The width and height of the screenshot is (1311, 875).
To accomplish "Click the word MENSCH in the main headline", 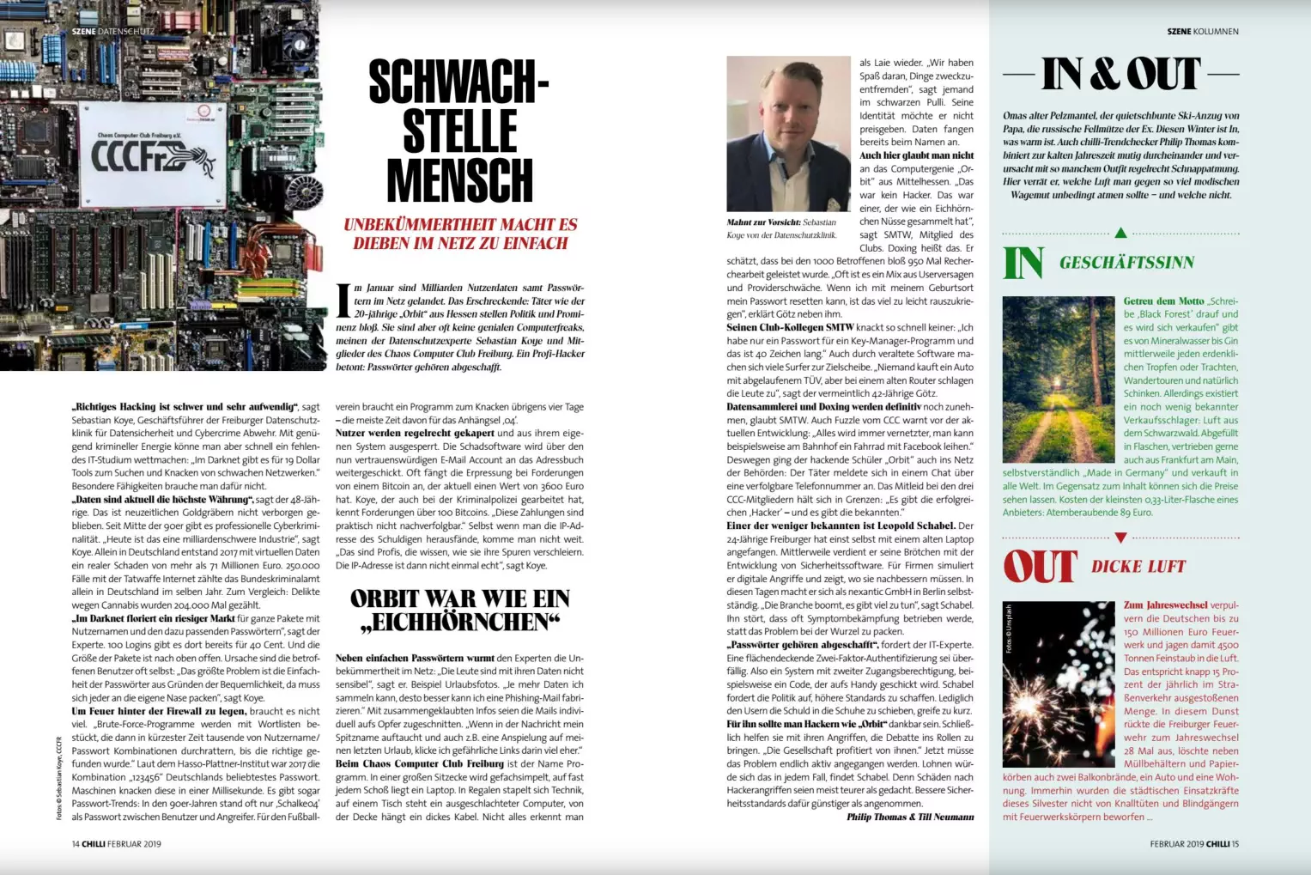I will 459,181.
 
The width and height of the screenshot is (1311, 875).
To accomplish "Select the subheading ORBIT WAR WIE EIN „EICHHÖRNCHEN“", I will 459,610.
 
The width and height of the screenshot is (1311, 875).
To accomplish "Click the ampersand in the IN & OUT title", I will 1103,75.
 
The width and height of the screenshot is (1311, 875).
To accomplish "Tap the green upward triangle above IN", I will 1120,233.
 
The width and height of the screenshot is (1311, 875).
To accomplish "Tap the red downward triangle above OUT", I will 1120,538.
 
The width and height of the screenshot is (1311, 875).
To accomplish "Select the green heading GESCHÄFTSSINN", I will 1126,263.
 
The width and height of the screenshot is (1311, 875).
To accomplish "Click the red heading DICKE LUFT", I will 1138,567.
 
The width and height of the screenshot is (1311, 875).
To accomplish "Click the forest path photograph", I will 1058,380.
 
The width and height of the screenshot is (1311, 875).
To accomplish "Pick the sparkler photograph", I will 1058,684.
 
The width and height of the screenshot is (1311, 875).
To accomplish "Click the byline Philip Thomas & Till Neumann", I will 910,817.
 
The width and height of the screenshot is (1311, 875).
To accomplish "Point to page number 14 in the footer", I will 76,844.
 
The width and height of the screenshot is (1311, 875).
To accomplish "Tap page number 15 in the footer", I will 1235,844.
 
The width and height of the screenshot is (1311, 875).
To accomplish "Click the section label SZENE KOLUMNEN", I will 1202,32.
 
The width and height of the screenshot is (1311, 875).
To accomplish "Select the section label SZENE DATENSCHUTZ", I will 113,32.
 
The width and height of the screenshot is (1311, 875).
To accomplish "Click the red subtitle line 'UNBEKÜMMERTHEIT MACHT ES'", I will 460,225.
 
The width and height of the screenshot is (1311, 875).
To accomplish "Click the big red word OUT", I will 1040,567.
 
